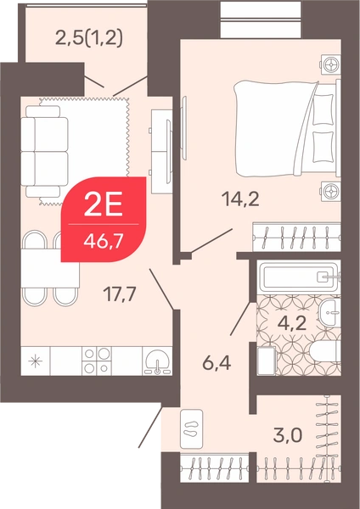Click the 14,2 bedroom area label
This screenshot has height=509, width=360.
click(240, 199)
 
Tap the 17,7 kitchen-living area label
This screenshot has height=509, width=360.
click(119, 294)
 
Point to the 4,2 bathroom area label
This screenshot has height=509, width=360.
click(292, 322)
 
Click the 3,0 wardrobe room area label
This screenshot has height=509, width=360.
click(288, 435)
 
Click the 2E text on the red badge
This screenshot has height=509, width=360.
click(103, 204)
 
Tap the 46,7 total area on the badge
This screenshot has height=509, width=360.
click(103, 241)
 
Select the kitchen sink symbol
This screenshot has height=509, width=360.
click(158, 361)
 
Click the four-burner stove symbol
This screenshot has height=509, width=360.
click(97, 361)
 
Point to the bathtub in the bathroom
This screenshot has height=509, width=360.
click(298, 277)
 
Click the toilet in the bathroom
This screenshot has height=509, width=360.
click(325, 355)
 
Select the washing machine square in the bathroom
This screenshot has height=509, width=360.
click(266, 361)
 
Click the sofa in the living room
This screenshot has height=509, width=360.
click(44, 151)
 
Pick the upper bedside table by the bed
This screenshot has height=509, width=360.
click(331, 65)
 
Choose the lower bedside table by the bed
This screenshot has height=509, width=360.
click(331, 191)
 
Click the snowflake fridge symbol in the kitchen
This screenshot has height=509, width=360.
click(35, 361)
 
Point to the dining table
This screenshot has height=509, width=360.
click(50, 268)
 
